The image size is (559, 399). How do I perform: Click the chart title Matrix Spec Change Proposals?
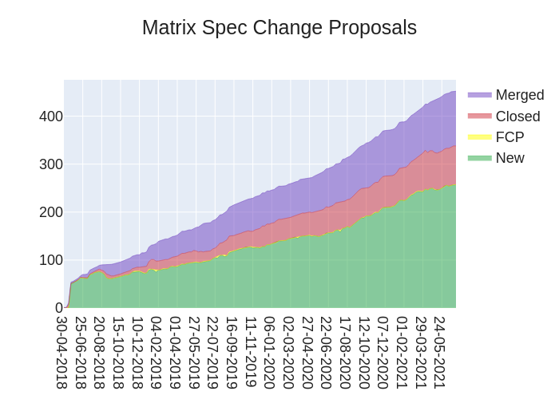coord(279,28)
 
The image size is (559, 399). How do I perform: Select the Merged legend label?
coord(519,95)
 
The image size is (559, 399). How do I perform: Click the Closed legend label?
coord(517,117)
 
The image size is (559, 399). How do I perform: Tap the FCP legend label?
coord(509,137)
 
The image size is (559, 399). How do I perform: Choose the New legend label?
coord(509,158)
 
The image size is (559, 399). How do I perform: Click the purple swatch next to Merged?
coord(480,95)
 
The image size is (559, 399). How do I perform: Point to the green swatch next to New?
coord(480,158)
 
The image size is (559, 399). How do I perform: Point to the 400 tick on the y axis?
coord(51,117)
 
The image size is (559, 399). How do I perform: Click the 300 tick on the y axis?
coord(51,164)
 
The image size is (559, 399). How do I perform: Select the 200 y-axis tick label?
coord(51,212)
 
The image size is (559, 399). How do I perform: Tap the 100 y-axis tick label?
coord(51,260)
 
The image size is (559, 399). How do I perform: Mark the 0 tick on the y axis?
coord(58,308)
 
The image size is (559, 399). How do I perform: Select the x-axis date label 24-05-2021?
coord(440,352)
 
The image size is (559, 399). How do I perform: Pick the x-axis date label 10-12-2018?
coord(138,352)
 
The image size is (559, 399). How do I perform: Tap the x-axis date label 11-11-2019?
coord(251,352)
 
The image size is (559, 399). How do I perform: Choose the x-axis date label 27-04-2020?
coord(307,352)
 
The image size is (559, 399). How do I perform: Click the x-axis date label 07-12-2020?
coord(383,352)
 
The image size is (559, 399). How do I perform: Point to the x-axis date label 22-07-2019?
coord(213,352)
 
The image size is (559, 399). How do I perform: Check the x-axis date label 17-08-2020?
coord(345,352)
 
